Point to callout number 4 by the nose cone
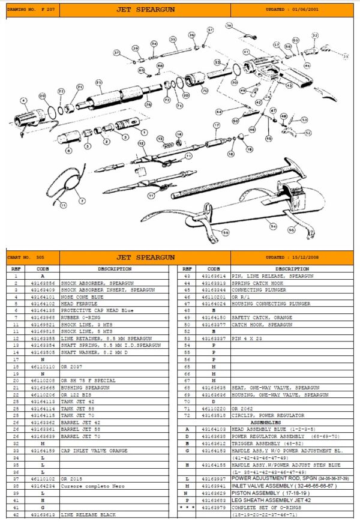click(x=23, y=100)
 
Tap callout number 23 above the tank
click(x=98, y=82)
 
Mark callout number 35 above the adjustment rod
click(x=172, y=39)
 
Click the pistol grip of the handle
click(x=300, y=78)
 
